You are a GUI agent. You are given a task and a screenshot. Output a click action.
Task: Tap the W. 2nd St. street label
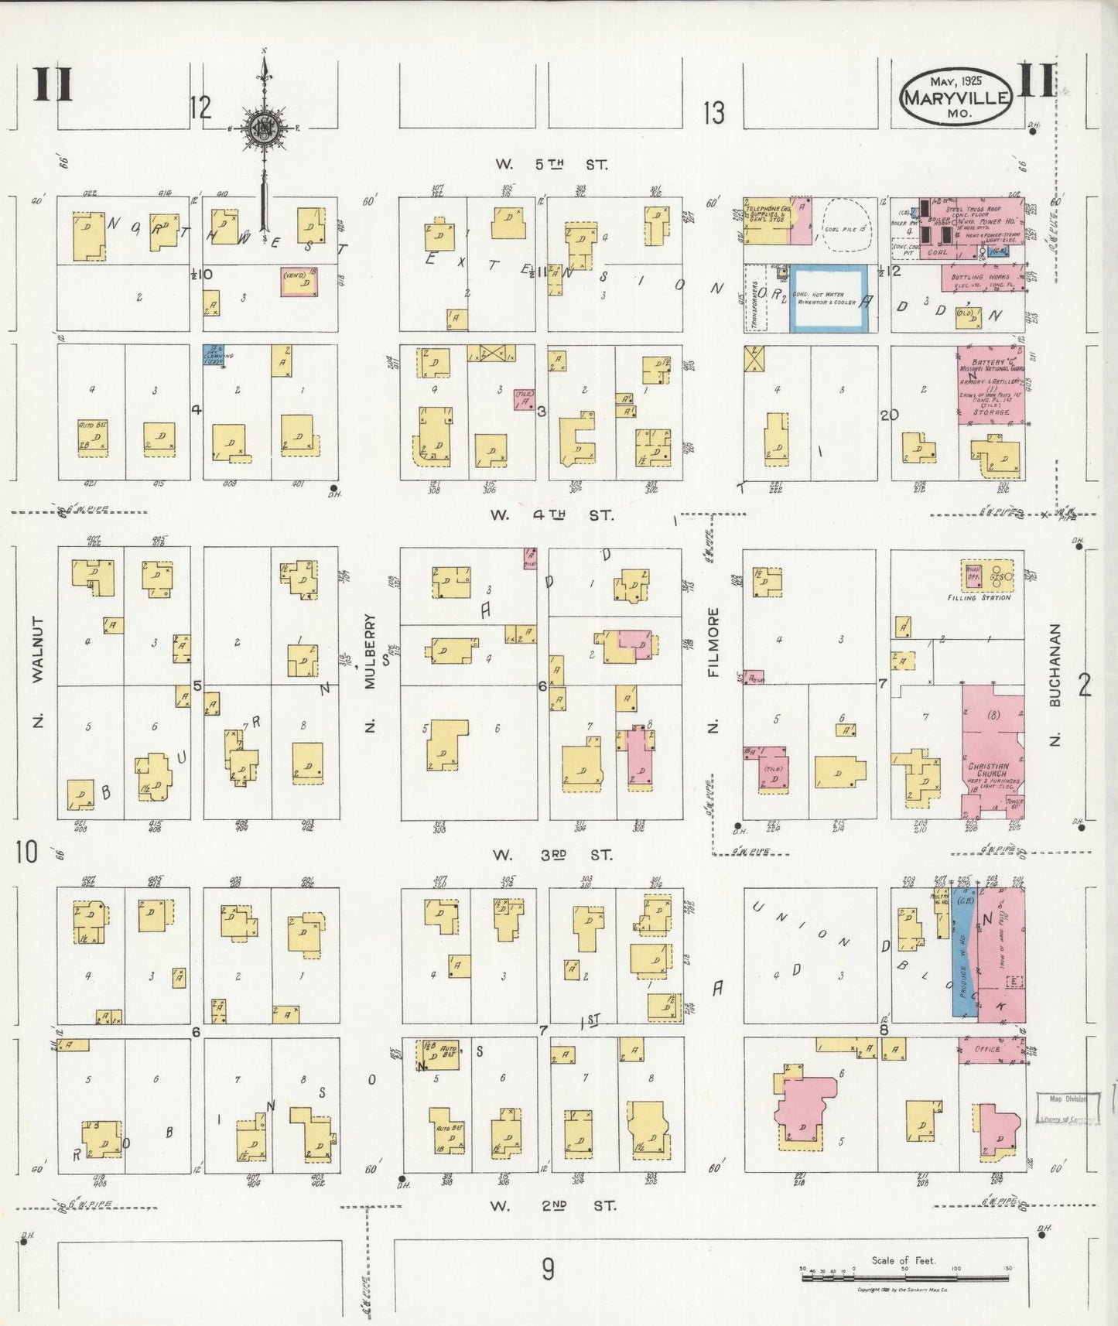[554, 1205]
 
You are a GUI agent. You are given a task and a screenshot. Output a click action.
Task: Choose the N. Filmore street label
[713, 670]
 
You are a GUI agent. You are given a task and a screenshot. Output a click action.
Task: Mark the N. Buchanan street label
[1055, 685]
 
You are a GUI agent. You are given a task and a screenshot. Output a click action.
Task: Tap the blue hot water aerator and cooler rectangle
[829, 299]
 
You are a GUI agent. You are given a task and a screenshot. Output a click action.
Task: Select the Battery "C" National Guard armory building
[991, 384]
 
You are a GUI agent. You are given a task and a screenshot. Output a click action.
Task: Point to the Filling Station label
[979, 597]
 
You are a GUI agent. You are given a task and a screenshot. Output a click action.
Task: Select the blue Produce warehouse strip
[963, 959]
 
